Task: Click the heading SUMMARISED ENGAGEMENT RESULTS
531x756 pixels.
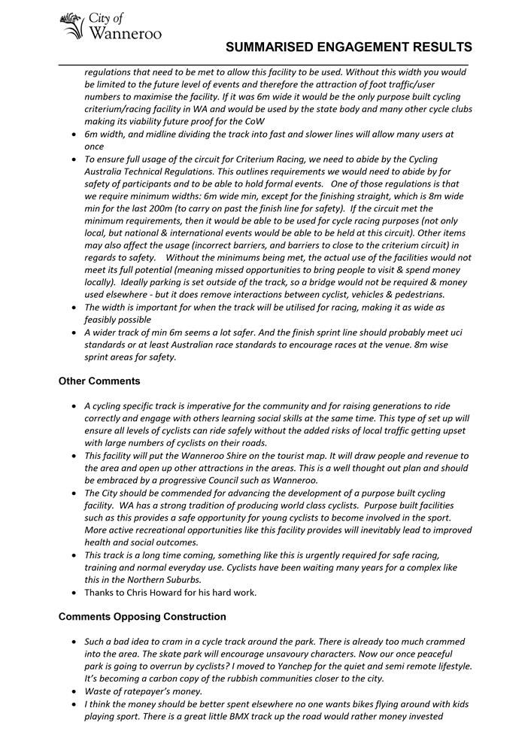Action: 349,47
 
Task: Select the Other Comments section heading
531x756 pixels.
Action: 99,381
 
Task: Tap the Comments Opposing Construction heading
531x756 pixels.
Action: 142,617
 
